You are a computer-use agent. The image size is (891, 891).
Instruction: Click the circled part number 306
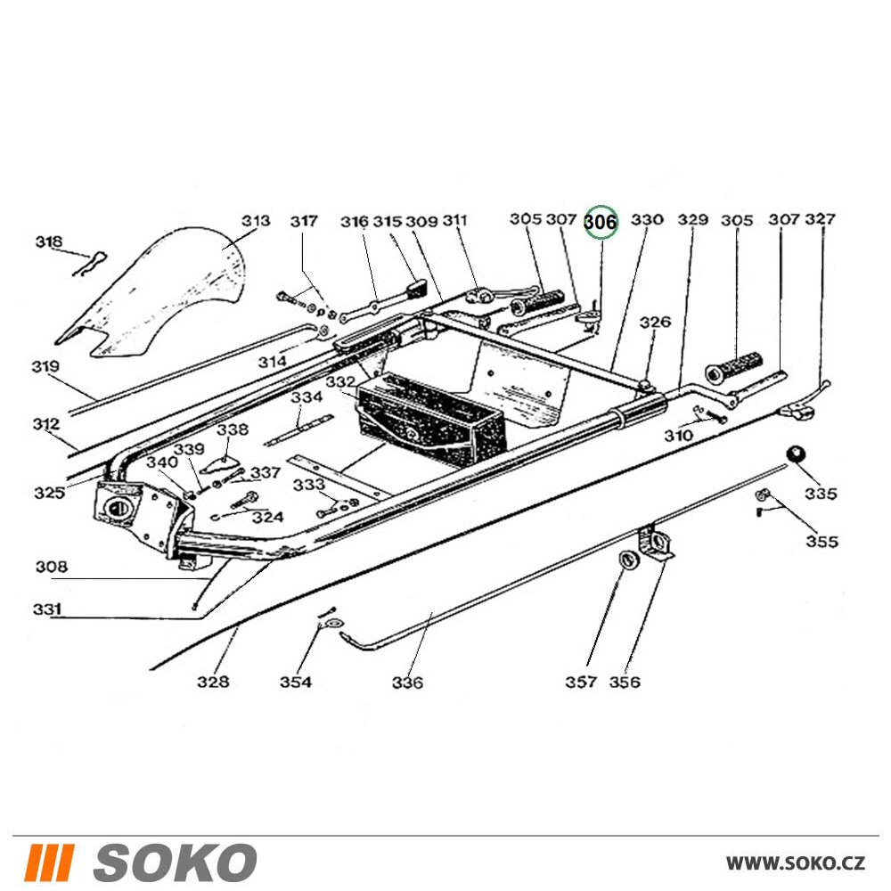[x=601, y=222]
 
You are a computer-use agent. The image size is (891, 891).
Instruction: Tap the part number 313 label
[x=256, y=220]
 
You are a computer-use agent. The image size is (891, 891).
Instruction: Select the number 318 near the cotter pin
[x=49, y=241]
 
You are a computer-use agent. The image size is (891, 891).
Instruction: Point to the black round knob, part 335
[x=794, y=456]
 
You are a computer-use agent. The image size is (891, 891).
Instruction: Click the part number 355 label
[x=822, y=541]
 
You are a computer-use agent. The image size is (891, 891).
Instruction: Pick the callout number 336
[x=407, y=683]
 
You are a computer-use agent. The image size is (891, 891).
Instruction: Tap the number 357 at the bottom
[x=581, y=682]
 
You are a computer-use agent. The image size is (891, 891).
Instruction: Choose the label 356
[x=625, y=682]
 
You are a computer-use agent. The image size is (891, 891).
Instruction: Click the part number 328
[x=213, y=682]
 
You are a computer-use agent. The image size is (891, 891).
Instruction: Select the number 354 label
[x=296, y=682]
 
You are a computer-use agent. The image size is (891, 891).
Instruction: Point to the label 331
[x=47, y=610]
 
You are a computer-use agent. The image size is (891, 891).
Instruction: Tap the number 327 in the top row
[x=821, y=219]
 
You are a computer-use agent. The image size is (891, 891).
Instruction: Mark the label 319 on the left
[x=45, y=366]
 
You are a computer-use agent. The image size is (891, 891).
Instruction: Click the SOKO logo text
[x=175, y=862]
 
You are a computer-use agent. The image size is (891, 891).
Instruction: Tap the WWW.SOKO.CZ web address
[x=795, y=862]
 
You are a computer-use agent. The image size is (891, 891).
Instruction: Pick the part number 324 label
[x=267, y=517]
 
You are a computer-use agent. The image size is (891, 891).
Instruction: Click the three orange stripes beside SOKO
[x=50, y=862]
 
